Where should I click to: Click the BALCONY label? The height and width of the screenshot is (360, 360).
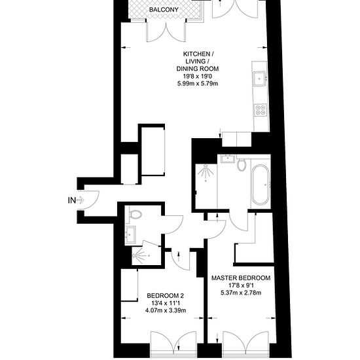point(164,10)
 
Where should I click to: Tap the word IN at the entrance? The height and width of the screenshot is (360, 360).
point(72,200)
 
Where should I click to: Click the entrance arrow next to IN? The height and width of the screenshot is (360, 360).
point(80,200)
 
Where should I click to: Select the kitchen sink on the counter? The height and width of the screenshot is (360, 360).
point(259,79)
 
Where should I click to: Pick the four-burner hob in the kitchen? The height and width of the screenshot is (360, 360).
point(261,109)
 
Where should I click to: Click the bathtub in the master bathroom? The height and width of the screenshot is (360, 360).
point(260,185)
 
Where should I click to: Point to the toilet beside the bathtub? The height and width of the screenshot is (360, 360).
point(242,164)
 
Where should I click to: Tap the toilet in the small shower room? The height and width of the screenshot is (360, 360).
point(135,214)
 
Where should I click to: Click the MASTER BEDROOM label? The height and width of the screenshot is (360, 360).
point(241,278)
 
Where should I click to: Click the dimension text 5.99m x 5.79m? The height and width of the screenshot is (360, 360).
point(198,84)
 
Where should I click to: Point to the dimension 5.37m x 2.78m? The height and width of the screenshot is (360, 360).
point(241,293)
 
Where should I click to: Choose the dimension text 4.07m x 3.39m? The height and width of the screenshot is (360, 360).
point(166,311)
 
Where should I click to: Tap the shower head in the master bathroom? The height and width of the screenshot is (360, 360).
point(206,174)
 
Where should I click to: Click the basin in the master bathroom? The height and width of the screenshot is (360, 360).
point(228,158)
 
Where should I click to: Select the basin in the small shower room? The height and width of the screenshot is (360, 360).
point(130,234)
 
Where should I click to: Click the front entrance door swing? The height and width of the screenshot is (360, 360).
point(90,200)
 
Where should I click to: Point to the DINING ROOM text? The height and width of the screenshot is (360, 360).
point(198,69)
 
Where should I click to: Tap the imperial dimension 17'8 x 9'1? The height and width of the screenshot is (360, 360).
point(241,285)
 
